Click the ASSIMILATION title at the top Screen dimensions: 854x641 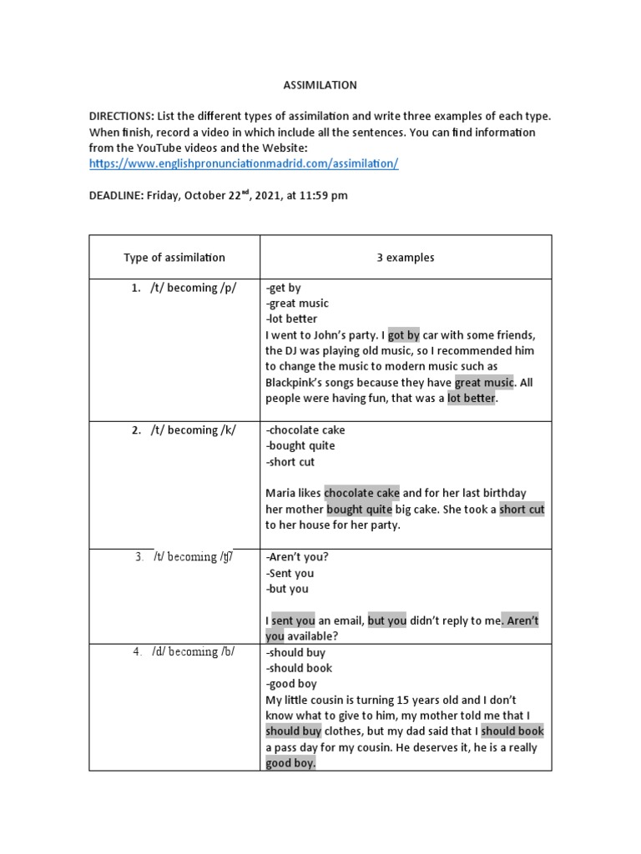pyautogui.click(x=320, y=85)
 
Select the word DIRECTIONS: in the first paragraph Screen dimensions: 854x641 pyautogui.click(x=122, y=117)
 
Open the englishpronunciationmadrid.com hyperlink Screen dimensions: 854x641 pyautogui.click(x=244, y=164)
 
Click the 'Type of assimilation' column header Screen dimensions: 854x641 pyautogui.click(x=174, y=258)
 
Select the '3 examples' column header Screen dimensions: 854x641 pyautogui.click(x=406, y=258)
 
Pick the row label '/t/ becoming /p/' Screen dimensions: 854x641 pyautogui.click(x=193, y=289)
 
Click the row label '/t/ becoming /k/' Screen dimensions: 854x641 pyautogui.click(x=193, y=430)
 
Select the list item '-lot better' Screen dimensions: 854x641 pyautogui.click(x=291, y=319)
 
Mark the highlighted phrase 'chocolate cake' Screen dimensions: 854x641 pyautogui.click(x=361, y=494)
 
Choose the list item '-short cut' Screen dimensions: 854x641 pyautogui.click(x=290, y=462)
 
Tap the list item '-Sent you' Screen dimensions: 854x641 pyautogui.click(x=290, y=573)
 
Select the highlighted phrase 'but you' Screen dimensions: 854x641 pyautogui.click(x=387, y=620)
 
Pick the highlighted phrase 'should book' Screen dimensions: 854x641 pyautogui.click(x=513, y=731)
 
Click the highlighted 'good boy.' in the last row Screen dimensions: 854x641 pyautogui.click(x=290, y=763)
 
